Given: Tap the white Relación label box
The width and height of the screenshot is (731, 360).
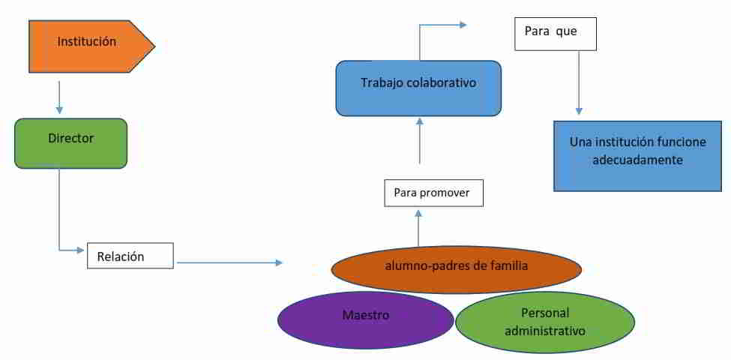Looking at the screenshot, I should [x=130, y=256].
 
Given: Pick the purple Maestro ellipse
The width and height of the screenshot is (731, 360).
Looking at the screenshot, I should [x=366, y=316].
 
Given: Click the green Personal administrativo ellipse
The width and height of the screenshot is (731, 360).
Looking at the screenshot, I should [x=545, y=322].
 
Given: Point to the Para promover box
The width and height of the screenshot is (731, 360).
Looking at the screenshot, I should [x=433, y=193].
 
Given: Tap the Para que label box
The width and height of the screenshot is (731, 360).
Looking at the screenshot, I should [x=556, y=34].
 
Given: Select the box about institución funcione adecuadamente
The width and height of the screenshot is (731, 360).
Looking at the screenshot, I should [x=637, y=156].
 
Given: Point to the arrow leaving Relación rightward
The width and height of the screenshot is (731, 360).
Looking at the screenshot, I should [x=229, y=262].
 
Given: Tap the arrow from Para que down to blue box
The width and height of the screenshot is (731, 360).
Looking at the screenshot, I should [x=578, y=82].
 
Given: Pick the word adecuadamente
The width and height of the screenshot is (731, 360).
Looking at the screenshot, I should [x=637, y=160].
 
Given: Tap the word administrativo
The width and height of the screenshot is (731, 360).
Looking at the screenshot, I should [x=545, y=331].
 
